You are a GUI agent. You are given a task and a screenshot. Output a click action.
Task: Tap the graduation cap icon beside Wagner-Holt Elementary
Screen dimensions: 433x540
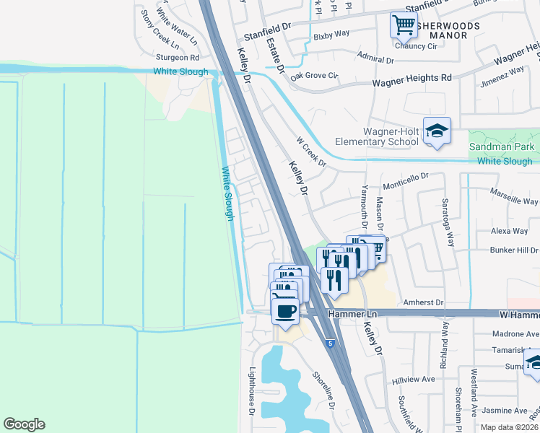click(x=437, y=131)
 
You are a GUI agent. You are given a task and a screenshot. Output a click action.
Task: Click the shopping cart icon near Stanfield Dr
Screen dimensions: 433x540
click(x=404, y=25)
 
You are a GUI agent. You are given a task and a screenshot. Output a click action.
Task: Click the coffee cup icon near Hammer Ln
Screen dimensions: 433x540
click(x=285, y=310)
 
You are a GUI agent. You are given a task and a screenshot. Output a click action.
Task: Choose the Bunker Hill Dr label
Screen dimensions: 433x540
click(x=510, y=249)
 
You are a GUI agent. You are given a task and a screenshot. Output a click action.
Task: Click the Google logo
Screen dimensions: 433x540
click(x=24, y=424)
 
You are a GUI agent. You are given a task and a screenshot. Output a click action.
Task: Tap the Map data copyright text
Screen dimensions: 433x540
click(x=509, y=427)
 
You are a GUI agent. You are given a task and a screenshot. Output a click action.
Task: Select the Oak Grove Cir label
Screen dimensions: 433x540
click(x=314, y=75)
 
